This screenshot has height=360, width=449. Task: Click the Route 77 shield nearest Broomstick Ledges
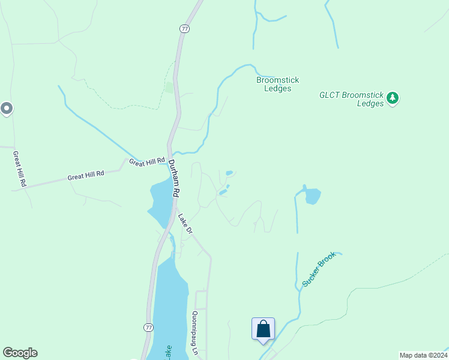184,28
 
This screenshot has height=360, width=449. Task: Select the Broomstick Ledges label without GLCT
277,84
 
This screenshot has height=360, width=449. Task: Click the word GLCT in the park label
330,95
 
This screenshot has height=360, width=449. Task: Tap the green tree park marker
393,97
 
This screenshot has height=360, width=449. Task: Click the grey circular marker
7,109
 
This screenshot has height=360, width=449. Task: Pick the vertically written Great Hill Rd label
19,169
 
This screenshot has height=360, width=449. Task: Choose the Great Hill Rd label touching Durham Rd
146,161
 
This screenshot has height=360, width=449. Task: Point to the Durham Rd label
174,178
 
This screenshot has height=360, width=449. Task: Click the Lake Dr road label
185,223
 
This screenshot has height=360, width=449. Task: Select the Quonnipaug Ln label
194,334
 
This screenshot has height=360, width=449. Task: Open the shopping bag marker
263,329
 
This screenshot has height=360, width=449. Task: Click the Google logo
20,353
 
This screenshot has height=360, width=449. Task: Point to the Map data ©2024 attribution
423,355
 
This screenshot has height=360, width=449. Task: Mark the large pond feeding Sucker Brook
312,196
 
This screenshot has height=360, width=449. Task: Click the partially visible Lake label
169,352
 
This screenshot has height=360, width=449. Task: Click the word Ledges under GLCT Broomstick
370,104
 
